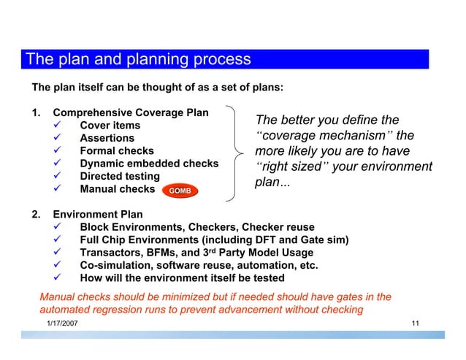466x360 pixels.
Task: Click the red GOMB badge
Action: click(180, 191)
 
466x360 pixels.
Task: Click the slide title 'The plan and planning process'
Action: click(138, 59)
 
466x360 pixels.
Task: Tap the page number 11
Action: click(415, 323)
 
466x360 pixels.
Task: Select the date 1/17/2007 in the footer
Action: click(64, 323)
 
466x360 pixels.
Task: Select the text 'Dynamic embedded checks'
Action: click(148, 164)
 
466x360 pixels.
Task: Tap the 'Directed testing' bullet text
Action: click(119, 176)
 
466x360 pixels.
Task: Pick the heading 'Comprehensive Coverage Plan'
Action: click(131, 113)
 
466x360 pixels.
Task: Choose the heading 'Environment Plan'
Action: click(98, 215)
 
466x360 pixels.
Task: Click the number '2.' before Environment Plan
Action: click(37, 215)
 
